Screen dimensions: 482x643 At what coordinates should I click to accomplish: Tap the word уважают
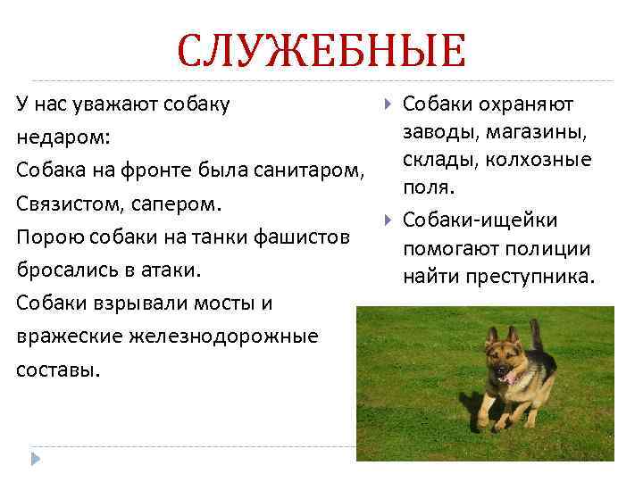pos(106,104)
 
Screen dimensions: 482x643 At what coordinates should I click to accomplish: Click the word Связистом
pos(63,204)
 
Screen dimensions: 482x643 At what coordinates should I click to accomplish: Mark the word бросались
pos(63,270)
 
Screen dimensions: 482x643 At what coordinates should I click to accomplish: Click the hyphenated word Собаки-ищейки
pos(480,220)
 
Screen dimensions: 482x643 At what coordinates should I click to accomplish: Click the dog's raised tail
pos(536,335)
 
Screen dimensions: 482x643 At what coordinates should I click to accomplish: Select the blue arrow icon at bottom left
pos(36,459)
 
